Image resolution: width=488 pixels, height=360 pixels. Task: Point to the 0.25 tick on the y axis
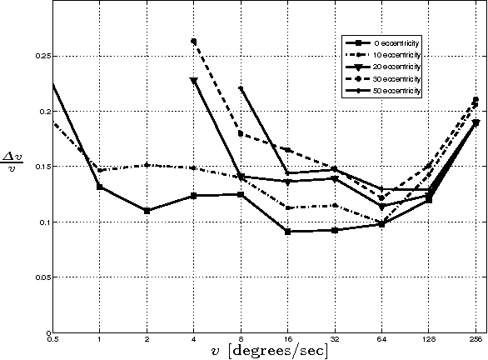coord(42,56)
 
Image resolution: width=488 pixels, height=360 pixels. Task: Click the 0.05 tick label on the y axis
coord(42,277)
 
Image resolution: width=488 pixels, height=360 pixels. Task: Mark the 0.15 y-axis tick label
coord(42,167)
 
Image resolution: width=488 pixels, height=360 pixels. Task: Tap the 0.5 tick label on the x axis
coord(53,340)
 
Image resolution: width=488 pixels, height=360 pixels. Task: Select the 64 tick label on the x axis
coord(381,340)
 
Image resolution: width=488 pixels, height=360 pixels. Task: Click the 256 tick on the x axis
coord(476,340)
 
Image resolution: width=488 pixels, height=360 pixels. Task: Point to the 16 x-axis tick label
coord(287,340)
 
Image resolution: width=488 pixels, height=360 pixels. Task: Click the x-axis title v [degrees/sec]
coord(264,351)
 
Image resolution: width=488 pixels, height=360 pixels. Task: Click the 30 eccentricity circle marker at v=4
coord(194,41)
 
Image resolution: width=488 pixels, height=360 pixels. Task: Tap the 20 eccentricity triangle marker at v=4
coord(194,81)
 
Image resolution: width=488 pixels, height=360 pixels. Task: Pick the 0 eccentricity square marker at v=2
coord(147,211)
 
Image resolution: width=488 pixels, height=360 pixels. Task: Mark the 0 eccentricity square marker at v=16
coord(287,232)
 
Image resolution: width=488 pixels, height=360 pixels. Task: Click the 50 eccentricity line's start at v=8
coord(241,87)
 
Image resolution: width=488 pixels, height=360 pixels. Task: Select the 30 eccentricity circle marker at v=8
coord(241,133)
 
